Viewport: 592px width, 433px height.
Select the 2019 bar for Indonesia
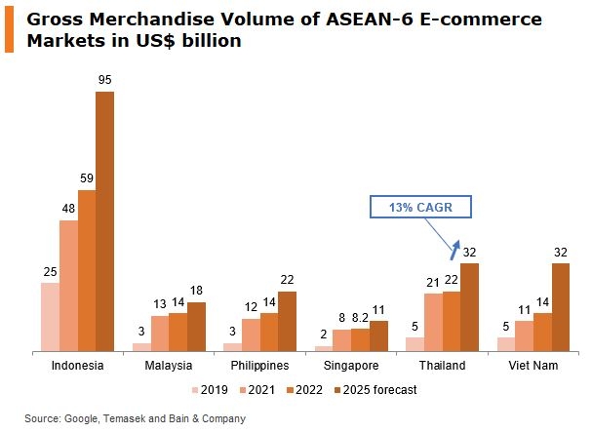50,317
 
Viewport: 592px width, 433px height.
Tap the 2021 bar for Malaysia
160,333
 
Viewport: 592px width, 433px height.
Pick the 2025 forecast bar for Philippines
288,321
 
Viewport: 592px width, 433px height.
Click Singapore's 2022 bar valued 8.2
361,339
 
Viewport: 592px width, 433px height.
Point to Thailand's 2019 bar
414,343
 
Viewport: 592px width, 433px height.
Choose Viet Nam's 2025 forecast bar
562,306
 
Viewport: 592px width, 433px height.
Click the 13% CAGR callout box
420,207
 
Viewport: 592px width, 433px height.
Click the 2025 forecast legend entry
375,390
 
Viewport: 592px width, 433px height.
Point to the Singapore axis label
351,366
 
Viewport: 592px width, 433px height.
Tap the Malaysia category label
168,366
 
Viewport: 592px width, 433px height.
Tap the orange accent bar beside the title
9,30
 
